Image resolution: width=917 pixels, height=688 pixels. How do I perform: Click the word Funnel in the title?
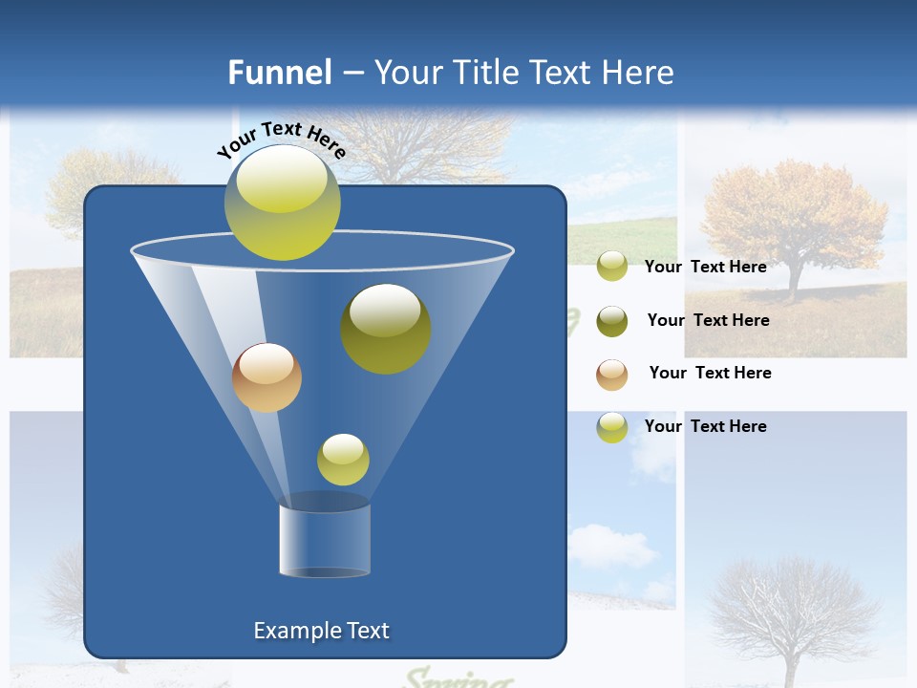279,73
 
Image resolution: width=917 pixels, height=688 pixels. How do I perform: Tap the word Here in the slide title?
631,73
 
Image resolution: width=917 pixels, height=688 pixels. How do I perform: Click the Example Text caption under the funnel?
322,631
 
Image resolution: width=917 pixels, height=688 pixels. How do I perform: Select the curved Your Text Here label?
281,138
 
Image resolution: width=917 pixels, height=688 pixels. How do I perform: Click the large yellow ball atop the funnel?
283,203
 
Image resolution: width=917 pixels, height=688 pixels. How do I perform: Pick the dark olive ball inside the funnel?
386,328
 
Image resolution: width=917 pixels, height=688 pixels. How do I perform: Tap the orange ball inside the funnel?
267,377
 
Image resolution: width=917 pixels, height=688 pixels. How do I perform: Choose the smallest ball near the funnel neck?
343,460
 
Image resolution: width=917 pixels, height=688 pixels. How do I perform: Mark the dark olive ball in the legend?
612,321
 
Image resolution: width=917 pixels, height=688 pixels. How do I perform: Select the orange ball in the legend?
612,375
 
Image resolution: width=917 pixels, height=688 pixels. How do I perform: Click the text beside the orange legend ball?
710,373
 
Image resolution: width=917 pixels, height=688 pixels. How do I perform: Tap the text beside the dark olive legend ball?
708,320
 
